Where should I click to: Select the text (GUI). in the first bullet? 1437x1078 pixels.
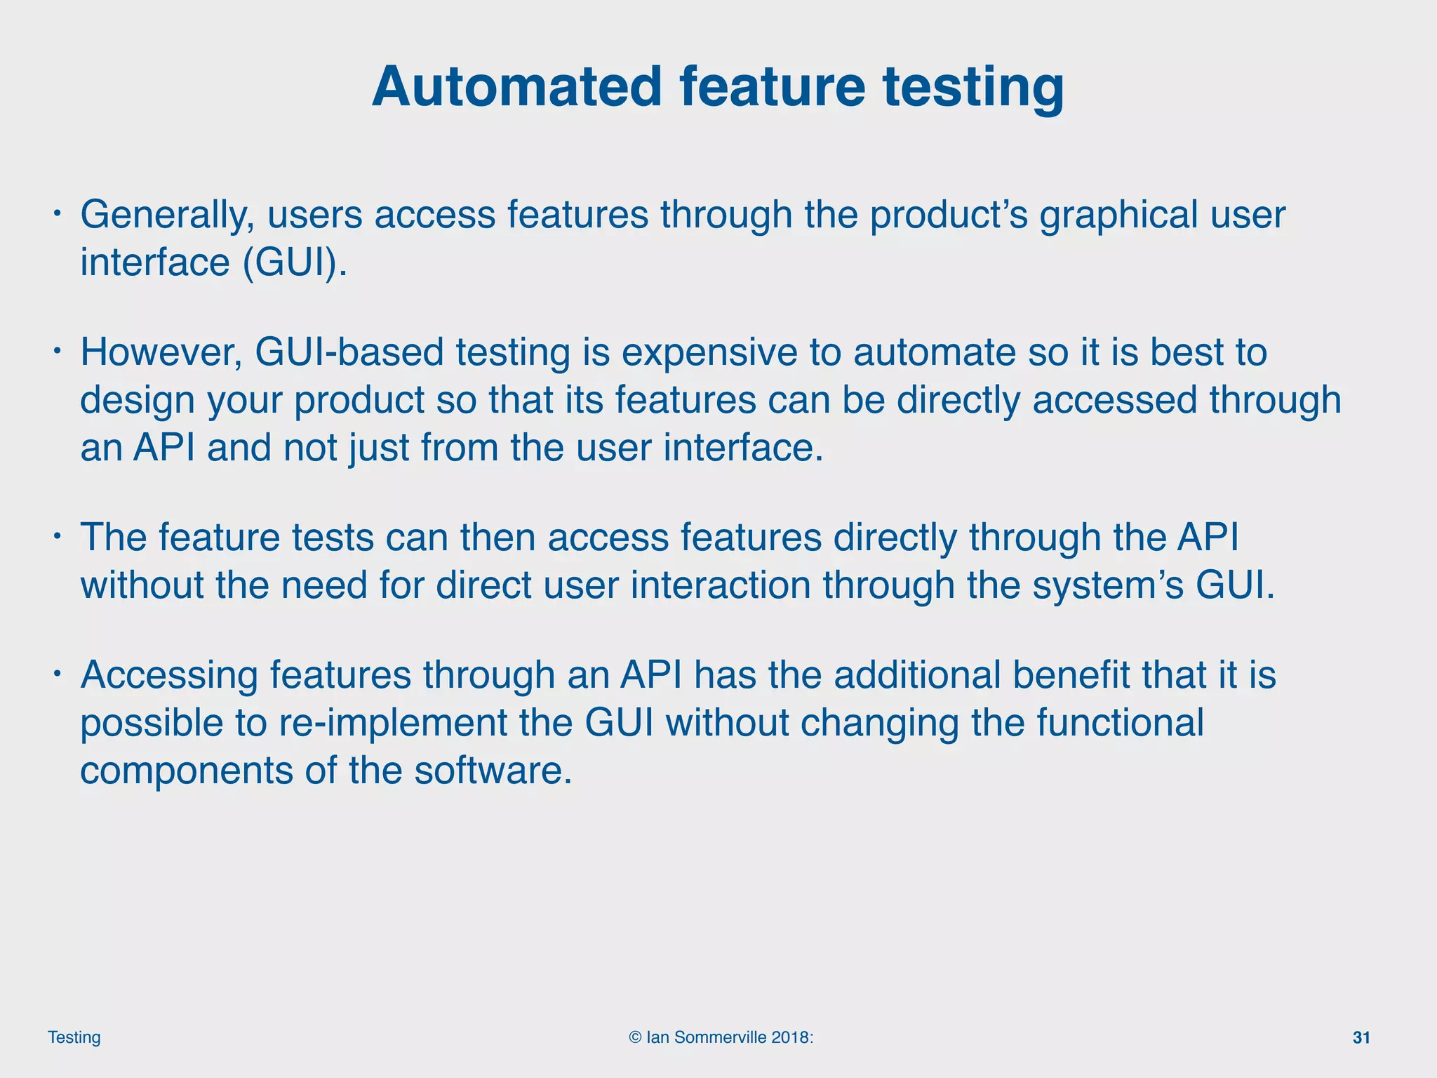coord(295,262)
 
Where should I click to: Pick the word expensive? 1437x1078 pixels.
coord(709,354)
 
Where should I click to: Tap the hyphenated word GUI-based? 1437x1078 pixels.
coord(349,352)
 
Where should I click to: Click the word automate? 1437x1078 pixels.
coord(935,352)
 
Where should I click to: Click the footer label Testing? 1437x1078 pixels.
coord(74,1037)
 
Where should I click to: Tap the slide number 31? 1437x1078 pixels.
coord(1361,1037)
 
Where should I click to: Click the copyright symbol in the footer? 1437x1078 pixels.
coord(635,1037)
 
